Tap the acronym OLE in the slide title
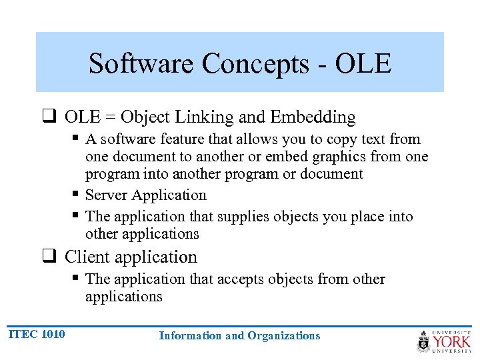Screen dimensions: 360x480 point(363,64)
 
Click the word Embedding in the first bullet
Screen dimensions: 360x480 point(313,117)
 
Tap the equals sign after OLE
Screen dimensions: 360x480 point(109,118)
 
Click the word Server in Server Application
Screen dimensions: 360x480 point(107,195)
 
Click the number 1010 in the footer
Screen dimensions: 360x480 point(53,334)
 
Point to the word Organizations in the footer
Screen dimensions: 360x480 point(283,336)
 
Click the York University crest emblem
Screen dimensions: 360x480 point(424,341)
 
